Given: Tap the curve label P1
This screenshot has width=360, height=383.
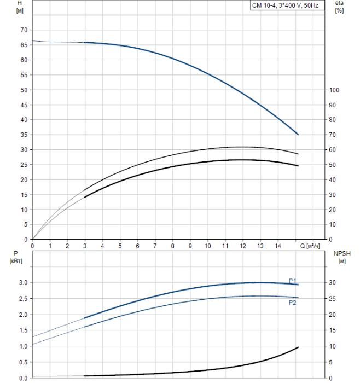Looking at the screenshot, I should coord(293,280).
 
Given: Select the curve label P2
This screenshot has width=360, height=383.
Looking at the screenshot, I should coord(293,302).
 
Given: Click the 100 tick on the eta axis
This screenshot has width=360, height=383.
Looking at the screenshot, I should coord(335,90).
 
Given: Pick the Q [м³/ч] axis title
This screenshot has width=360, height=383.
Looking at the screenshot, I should coord(310,246).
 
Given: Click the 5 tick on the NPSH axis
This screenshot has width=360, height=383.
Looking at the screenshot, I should coord(331,362).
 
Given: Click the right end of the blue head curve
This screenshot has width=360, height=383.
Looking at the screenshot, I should coord(298,135).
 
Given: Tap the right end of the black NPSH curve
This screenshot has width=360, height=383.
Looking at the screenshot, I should coord(298,347).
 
